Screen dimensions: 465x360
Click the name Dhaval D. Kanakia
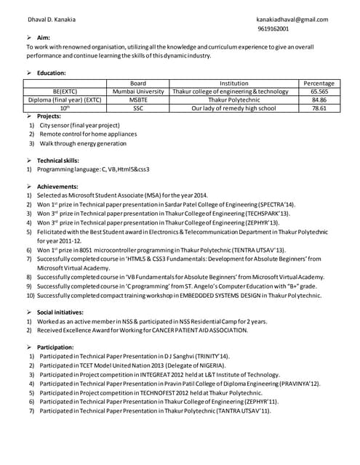[x=51, y=20]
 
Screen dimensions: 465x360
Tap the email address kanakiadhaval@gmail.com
[x=292, y=20]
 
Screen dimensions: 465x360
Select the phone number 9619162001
[x=273, y=29]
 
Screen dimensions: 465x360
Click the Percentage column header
[x=319, y=84]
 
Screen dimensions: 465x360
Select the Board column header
[x=138, y=84]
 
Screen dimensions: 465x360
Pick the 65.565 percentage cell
[x=319, y=92]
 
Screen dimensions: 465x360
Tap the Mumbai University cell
[x=138, y=92]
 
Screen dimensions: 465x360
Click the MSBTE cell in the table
[x=138, y=100]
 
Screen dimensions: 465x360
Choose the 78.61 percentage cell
[x=319, y=108]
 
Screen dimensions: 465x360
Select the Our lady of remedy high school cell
[x=233, y=108]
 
